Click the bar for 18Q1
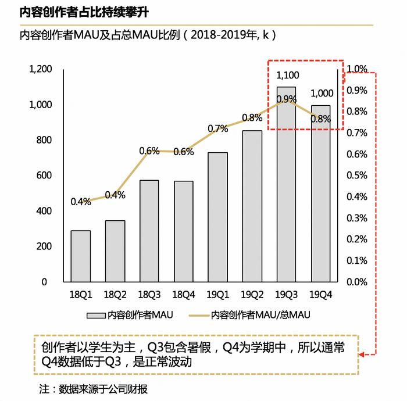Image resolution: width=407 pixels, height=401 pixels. pyautogui.click(x=81, y=256)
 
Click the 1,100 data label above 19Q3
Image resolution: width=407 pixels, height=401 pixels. pyautogui.click(x=287, y=75)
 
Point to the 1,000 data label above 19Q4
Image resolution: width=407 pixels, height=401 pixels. pyautogui.click(x=322, y=94)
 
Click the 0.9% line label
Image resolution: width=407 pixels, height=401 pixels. pyautogui.click(x=287, y=99)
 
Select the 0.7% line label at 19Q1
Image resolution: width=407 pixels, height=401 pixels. pyautogui.click(x=217, y=128)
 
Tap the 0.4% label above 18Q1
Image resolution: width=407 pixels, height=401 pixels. pyautogui.click(x=81, y=202)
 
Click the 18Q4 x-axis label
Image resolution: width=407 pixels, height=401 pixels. pyautogui.click(x=184, y=295)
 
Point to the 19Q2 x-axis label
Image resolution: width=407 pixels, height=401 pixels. pyautogui.click(x=252, y=295)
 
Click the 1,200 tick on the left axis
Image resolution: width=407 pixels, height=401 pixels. pyautogui.click(x=41, y=69)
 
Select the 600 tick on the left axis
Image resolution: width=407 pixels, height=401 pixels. pyautogui.click(x=45, y=176)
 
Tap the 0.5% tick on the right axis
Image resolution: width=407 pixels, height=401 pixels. pyautogui.click(x=356, y=176)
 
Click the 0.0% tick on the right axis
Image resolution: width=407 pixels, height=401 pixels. pyautogui.click(x=356, y=282)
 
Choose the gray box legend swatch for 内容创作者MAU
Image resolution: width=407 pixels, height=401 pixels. pyautogui.click(x=95, y=315)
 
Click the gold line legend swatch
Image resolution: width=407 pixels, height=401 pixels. pyautogui.click(x=199, y=315)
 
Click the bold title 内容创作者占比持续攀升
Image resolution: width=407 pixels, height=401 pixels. pyautogui.click(x=80, y=12)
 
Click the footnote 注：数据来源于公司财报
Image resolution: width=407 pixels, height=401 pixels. pyautogui.click(x=93, y=388)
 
